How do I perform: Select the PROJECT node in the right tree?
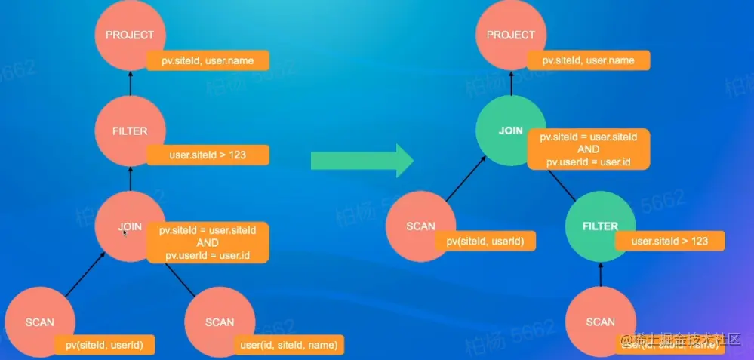(511, 35)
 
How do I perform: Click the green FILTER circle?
(600, 226)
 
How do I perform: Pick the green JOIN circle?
(511, 131)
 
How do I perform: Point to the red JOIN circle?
(125, 226)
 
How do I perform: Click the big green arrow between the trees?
(362, 160)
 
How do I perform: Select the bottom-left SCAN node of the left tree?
(40, 322)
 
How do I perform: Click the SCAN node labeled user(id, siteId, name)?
(220, 322)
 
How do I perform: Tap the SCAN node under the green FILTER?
(600, 322)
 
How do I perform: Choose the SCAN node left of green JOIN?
(420, 226)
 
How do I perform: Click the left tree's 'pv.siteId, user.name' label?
(208, 60)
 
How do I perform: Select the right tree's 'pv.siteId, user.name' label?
(589, 60)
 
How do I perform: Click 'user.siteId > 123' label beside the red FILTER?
(208, 156)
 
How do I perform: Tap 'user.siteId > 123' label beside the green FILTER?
(669, 242)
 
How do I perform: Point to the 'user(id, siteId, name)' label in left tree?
(287, 345)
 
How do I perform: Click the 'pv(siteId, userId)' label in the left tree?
(104, 345)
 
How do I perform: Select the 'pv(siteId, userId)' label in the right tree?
(485, 242)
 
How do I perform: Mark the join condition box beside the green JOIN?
(588, 149)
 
